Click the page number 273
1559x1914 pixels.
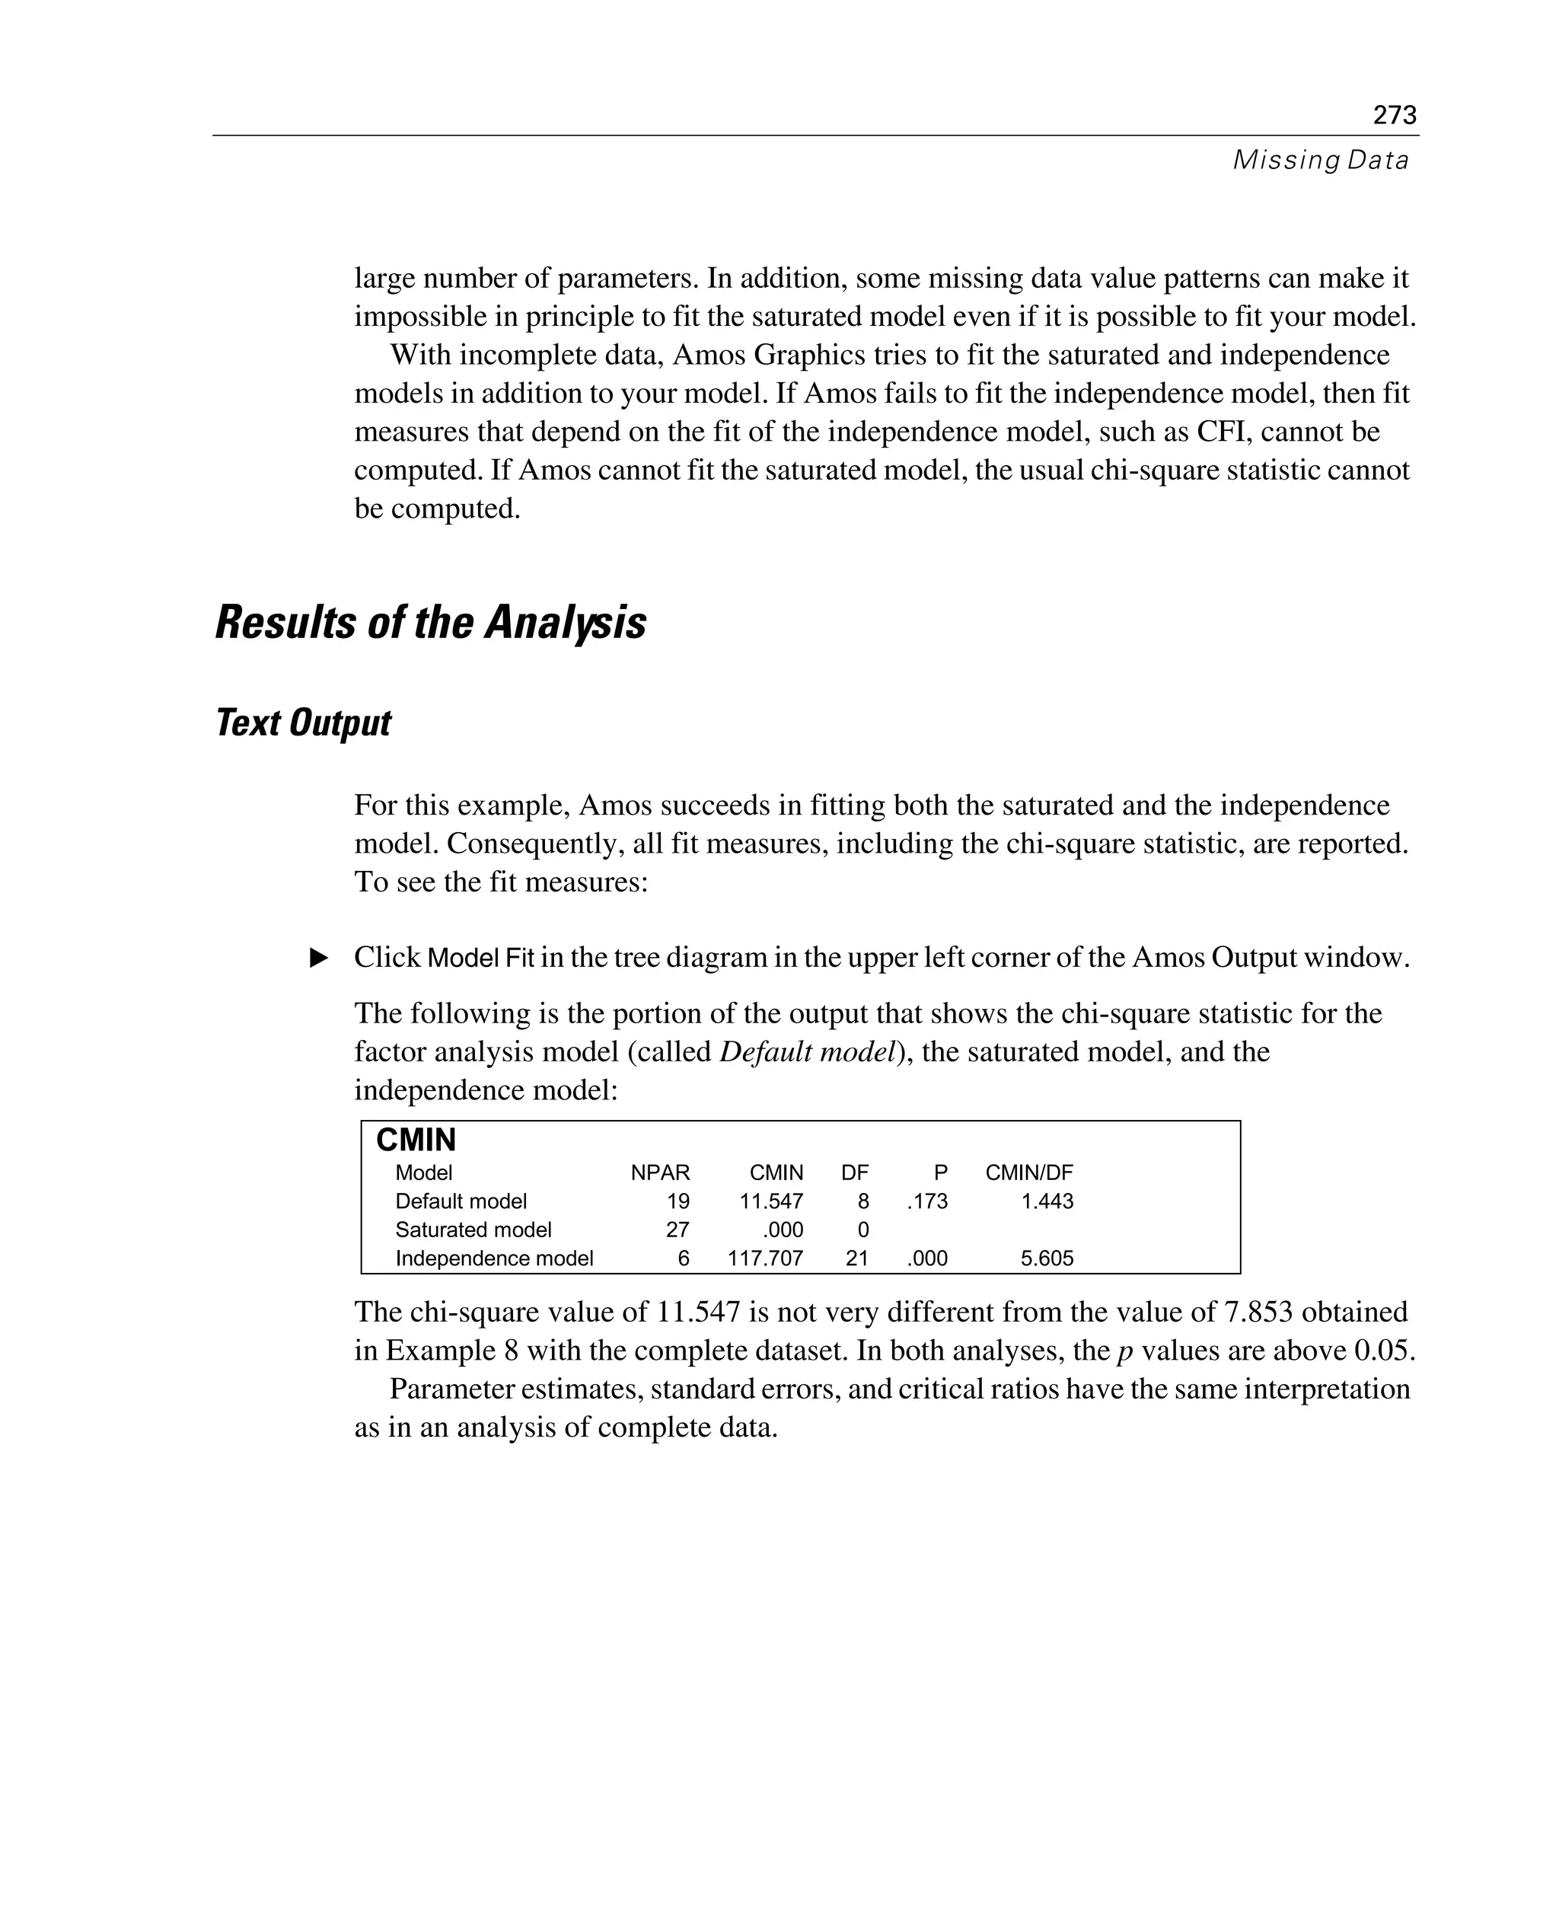coord(1394,115)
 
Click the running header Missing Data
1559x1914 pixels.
coord(1319,160)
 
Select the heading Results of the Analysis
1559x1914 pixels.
coord(430,623)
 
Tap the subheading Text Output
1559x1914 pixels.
coord(304,723)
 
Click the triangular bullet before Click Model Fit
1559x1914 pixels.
coord(319,958)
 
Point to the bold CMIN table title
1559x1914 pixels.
coord(416,1140)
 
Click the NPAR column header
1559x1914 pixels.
coord(660,1172)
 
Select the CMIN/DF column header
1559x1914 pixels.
coord(1028,1172)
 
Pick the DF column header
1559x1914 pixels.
coord(854,1172)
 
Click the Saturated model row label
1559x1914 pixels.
coord(473,1230)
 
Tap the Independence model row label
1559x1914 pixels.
coord(494,1258)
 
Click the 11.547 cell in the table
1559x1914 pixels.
coord(770,1201)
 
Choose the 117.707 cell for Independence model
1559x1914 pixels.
coord(765,1258)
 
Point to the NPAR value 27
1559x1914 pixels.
coord(677,1230)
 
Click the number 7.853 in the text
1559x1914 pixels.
coord(1258,1313)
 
